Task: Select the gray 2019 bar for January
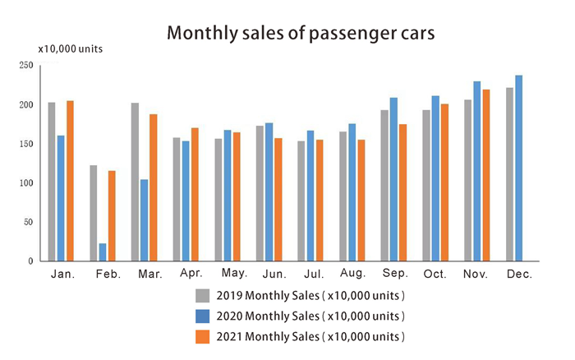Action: coord(52,182)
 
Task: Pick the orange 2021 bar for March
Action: coord(154,187)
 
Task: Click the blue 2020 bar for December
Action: coord(518,168)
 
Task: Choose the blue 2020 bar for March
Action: coord(145,219)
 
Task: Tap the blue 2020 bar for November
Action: coord(476,171)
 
